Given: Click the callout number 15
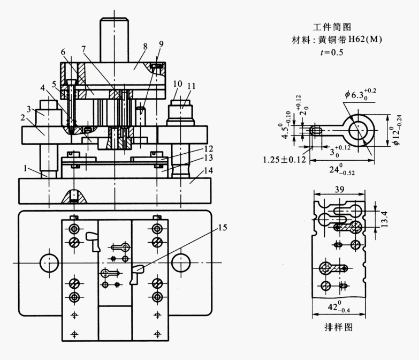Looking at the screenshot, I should point(222,228).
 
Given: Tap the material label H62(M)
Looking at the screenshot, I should point(365,40).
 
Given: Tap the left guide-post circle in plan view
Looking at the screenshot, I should point(49,262).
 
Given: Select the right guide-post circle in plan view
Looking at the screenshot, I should point(180,262).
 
